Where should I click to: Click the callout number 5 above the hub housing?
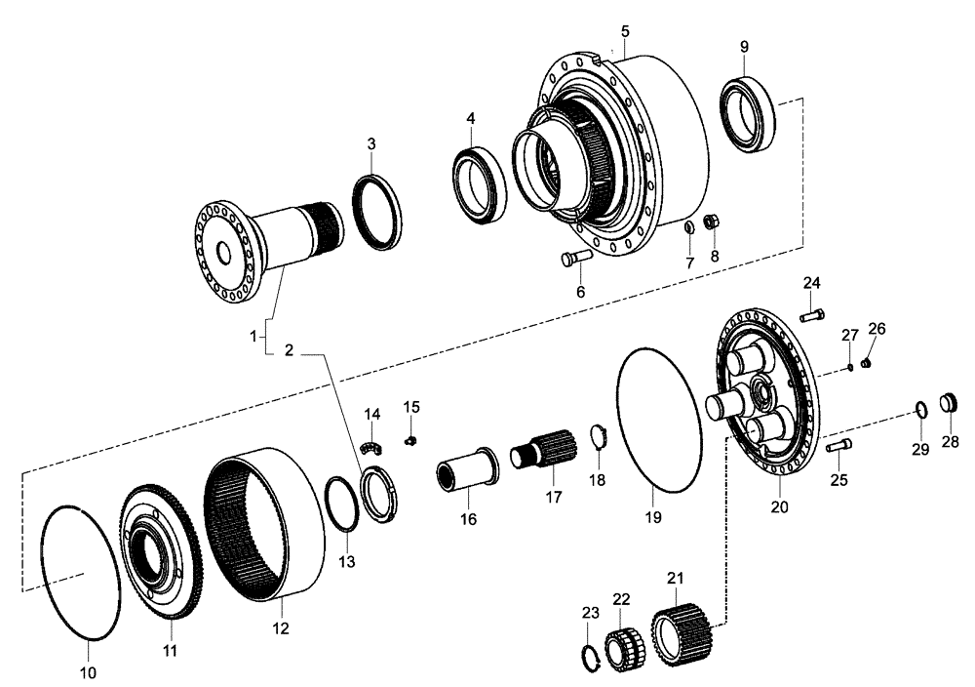click(x=625, y=31)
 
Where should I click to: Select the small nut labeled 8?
click(x=713, y=222)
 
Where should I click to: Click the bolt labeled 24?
click(x=813, y=314)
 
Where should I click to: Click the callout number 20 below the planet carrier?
click(x=779, y=507)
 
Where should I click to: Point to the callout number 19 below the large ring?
click(x=655, y=514)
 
